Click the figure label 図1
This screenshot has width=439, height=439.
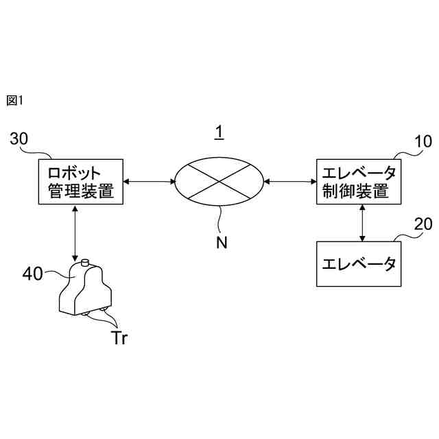(14, 101)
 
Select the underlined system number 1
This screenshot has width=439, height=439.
(219, 132)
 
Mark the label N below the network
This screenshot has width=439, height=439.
(221, 242)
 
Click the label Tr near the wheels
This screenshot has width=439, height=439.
(119, 337)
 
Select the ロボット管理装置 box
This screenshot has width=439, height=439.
(80, 181)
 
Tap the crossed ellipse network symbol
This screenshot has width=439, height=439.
(219, 181)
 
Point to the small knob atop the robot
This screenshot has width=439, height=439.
(84, 262)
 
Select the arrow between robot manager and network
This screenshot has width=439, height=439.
(149, 181)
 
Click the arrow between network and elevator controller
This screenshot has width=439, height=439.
(289, 181)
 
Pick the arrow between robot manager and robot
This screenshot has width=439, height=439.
(73, 233)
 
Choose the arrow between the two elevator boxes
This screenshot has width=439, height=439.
(361, 222)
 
